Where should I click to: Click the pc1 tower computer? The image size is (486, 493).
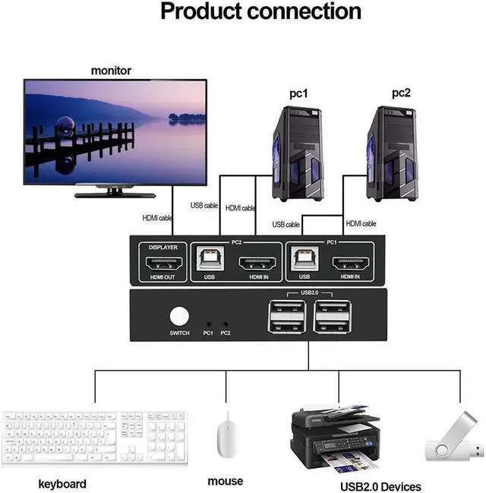[298, 154]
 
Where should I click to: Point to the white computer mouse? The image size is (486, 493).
[226, 436]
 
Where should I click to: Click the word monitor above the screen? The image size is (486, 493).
[111, 71]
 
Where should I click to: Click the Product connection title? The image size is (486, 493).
[260, 12]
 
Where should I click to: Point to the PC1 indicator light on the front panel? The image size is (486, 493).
[208, 323]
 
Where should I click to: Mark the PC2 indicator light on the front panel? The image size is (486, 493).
[226, 323]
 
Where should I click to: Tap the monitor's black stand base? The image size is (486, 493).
[115, 194]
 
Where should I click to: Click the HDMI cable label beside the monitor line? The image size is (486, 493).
[156, 218]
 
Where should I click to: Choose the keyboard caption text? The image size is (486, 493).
[62, 484]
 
